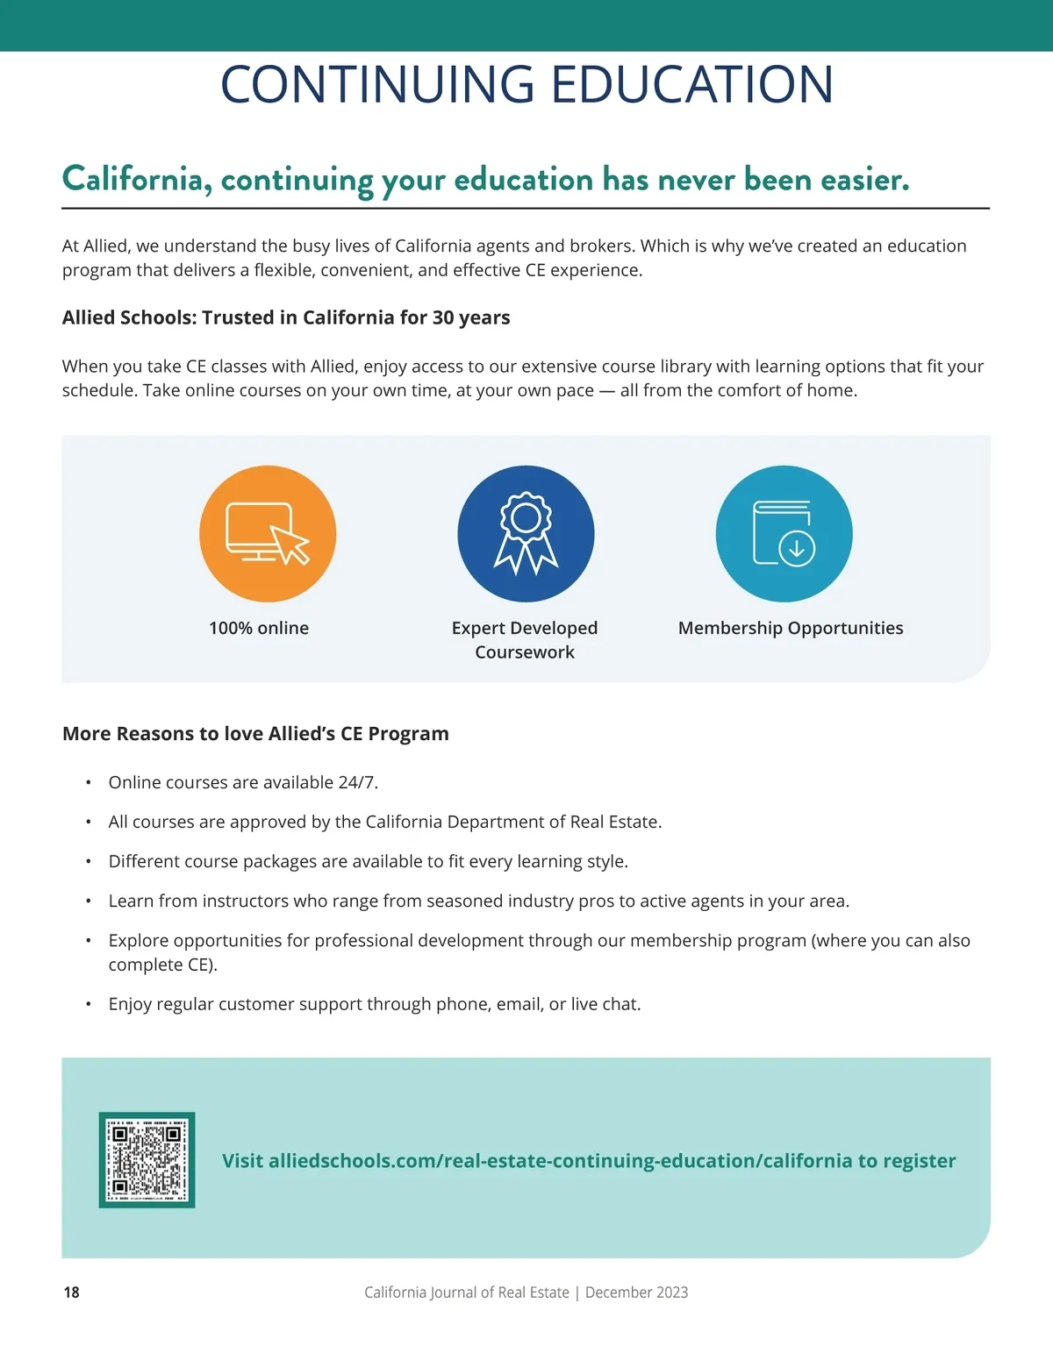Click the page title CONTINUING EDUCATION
(526, 84)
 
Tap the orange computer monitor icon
(268, 534)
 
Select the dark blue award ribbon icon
(526, 534)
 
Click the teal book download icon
(784, 534)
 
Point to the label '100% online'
(259, 628)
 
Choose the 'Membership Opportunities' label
(791, 628)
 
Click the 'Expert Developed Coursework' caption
(525, 640)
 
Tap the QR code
(147, 1160)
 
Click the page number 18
(71, 1293)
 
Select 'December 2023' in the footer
(636, 1293)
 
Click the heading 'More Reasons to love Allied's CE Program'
(255, 734)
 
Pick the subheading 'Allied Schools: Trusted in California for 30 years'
(286, 317)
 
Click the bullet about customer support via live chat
(375, 1004)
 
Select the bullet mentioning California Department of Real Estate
(385, 822)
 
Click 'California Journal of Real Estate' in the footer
(467, 1293)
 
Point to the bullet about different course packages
(369, 861)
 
